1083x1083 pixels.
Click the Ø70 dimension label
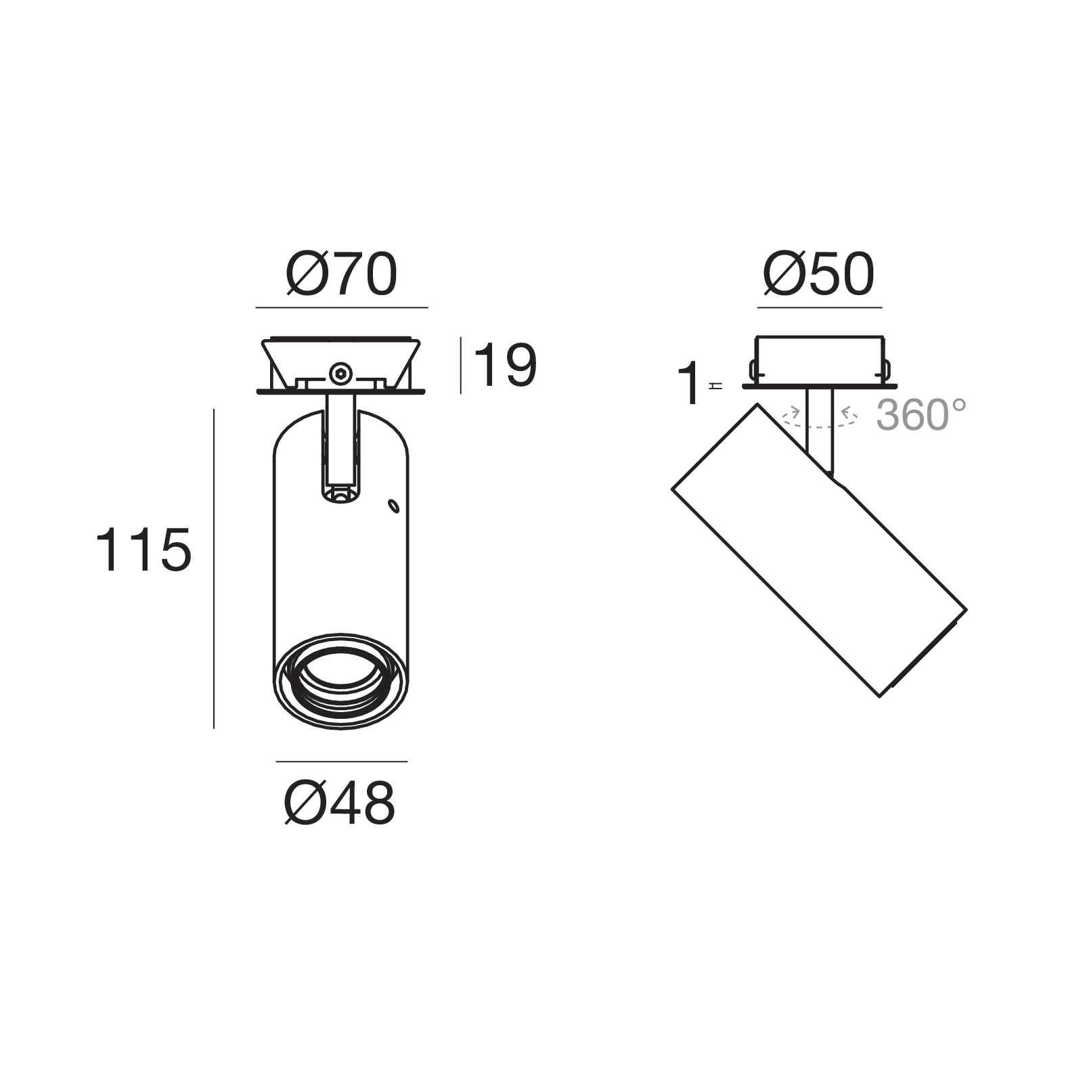342,275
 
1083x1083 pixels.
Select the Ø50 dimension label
819,275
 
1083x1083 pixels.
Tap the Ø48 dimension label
340,803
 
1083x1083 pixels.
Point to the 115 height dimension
143,550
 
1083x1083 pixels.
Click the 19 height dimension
505,366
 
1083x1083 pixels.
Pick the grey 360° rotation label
921,414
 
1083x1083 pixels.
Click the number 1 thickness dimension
690,383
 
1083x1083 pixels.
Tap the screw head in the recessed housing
340,373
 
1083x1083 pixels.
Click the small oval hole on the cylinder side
393,505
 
